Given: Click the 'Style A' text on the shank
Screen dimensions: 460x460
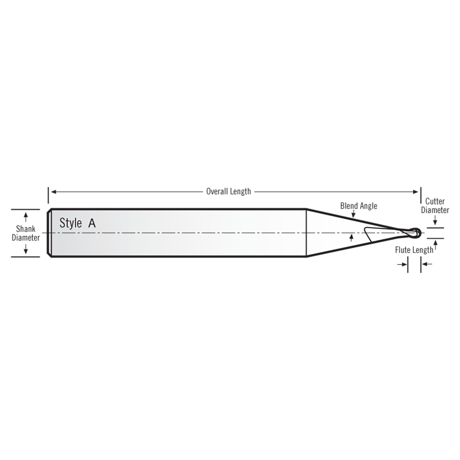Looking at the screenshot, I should [77, 223].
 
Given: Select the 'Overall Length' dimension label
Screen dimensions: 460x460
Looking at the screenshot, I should [229, 192].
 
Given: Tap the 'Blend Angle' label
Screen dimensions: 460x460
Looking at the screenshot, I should [359, 206].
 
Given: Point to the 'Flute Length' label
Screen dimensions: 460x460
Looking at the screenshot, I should [414, 250].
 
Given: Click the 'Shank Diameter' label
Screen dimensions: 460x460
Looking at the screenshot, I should [26, 233].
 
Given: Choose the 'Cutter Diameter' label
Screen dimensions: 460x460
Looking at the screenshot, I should [435, 206].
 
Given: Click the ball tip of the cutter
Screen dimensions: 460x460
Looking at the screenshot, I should [416, 233].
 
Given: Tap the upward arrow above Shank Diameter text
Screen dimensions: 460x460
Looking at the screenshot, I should [26, 217].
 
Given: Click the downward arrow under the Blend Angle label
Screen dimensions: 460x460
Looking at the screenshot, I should [354, 215].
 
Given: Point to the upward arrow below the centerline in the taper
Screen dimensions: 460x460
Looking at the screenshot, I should [351, 237].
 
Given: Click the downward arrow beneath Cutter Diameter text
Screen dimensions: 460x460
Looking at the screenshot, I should [435, 220].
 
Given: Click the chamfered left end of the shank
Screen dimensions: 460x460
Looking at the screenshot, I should [50, 233].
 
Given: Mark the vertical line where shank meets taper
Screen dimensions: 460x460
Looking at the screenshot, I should [306, 233].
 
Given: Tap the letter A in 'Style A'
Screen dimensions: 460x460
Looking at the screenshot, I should [92, 223].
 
